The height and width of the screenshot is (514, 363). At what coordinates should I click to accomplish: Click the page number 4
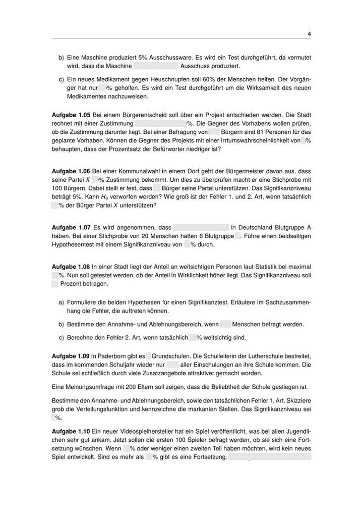[309, 34]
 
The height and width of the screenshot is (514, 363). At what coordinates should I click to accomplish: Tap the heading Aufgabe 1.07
[71, 227]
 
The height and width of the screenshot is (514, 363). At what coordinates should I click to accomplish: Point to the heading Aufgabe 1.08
[71, 266]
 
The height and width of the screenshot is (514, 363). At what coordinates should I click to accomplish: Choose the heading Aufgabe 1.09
[71, 356]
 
